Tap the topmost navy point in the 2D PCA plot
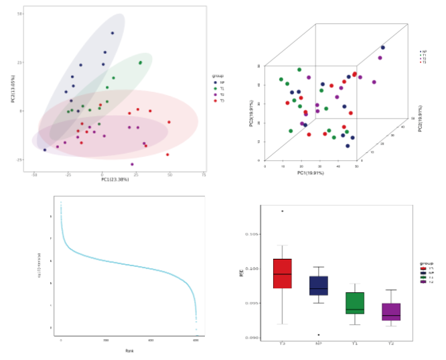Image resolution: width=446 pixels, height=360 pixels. click(113, 33)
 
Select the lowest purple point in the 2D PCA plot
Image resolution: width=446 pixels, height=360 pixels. click(132, 164)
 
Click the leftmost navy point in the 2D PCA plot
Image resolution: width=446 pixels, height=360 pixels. click(45, 150)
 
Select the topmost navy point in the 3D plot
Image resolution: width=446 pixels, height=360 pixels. click(383, 48)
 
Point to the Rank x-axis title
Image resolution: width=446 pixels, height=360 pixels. click(129, 351)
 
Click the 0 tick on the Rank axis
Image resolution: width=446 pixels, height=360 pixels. click(61, 341)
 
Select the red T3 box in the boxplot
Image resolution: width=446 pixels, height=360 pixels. click(283, 274)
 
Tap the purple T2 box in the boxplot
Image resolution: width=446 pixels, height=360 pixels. click(391, 312)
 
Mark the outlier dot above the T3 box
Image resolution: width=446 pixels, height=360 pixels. click(283, 211)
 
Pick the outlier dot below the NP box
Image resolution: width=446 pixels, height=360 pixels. click(318, 335)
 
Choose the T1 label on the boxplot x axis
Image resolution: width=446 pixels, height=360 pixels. click(355, 344)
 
